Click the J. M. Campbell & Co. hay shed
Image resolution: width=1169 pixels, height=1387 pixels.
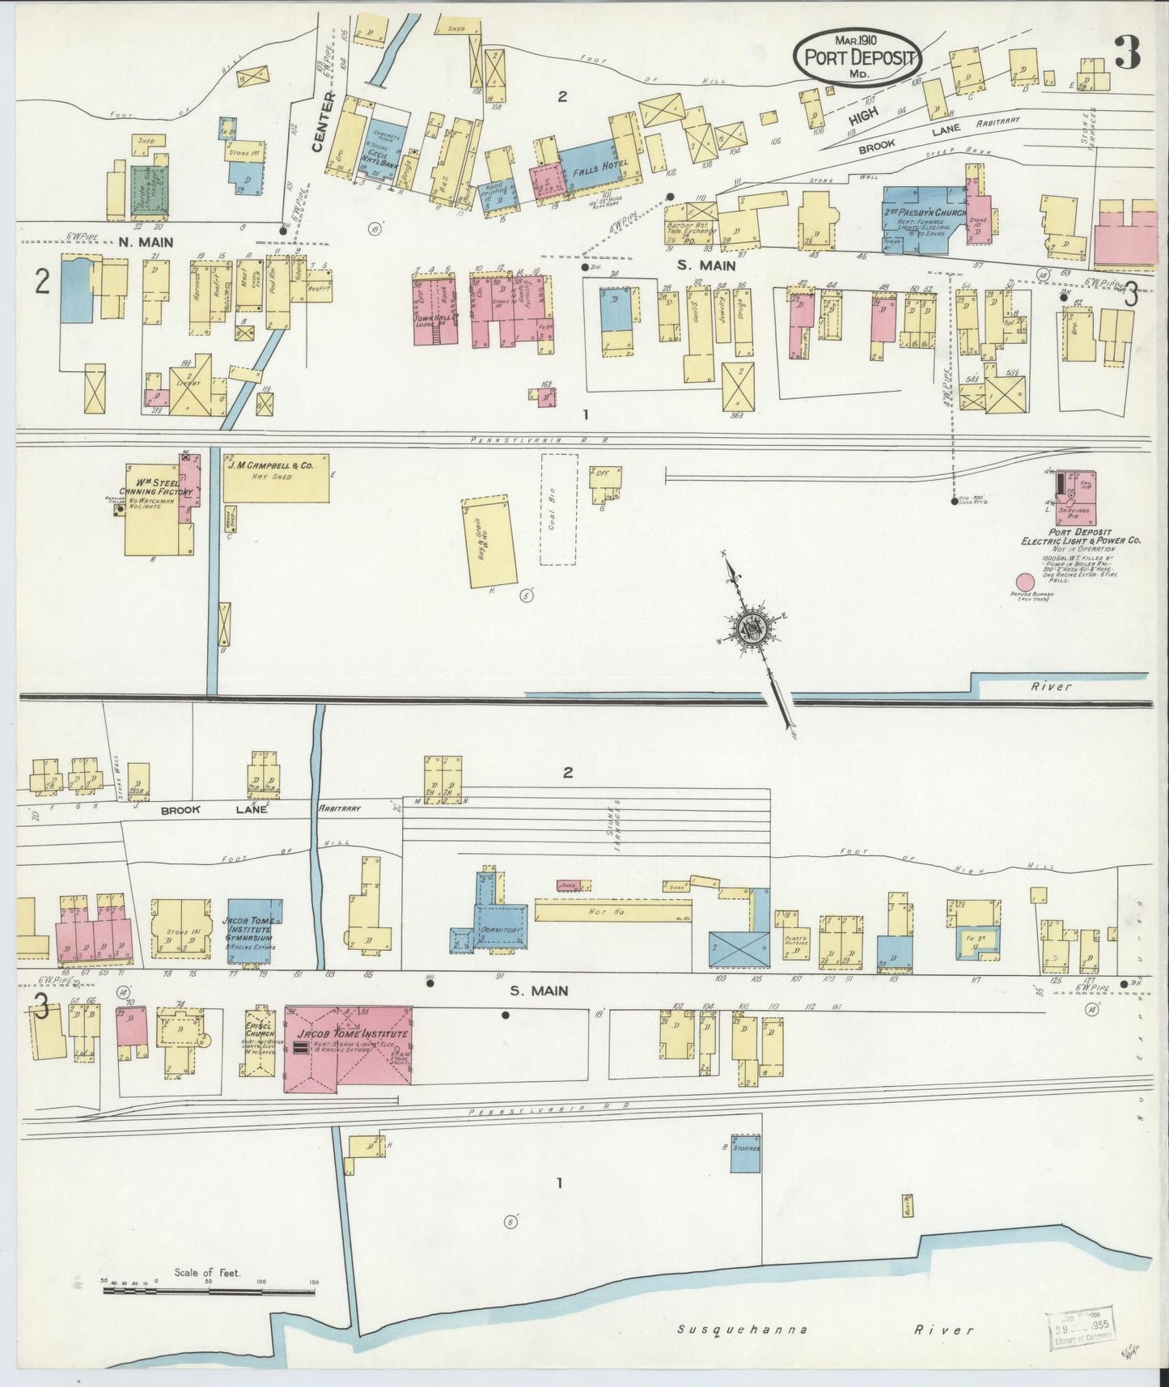pos(276,477)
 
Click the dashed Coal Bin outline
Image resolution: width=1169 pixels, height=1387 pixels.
pos(558,508)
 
